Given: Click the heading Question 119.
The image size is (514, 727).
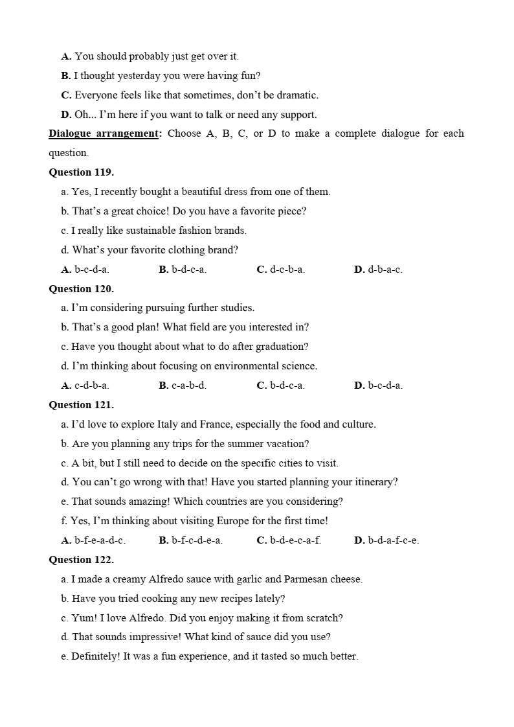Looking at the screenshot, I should (81, 172).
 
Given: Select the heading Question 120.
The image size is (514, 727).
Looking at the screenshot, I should (81, 289).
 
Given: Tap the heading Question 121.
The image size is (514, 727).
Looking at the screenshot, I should (81, 405).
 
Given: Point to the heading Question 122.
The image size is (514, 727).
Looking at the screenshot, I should (81, 560).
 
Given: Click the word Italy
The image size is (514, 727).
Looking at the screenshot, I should (168, 424).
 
